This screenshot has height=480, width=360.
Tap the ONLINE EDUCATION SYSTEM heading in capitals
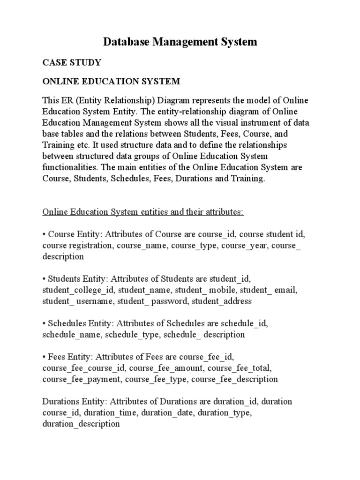pyautogui.click(x=111, y=82)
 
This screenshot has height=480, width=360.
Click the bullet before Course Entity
pyautogui.click(x=44, y=234)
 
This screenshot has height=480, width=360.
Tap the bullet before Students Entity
pyautogui.click(x=44, y=279)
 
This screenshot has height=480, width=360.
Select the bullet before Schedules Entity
pyautogui.click(x=44, y=323)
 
